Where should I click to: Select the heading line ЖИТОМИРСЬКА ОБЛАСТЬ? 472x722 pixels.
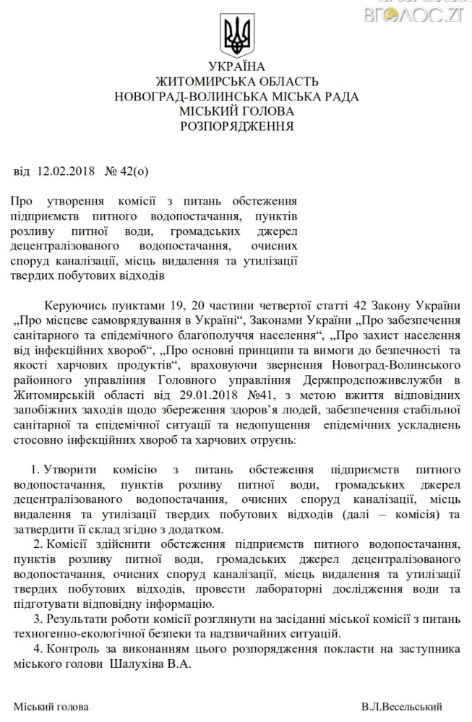coord(236,81)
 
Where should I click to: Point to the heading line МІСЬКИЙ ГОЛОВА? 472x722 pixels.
coord(236,111)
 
